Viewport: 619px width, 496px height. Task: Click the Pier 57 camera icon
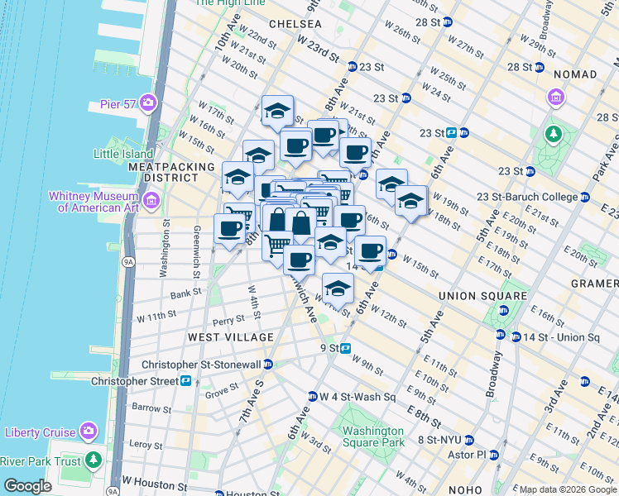148,103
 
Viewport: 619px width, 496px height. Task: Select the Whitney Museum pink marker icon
151,200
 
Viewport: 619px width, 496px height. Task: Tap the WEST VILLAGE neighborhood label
230,337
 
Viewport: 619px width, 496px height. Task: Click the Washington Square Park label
373,436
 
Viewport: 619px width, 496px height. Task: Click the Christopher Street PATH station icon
186,381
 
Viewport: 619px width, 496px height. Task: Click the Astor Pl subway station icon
494,455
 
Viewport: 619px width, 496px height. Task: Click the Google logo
26,486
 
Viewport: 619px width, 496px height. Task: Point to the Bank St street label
186,293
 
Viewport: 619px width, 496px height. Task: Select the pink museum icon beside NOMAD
555,98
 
